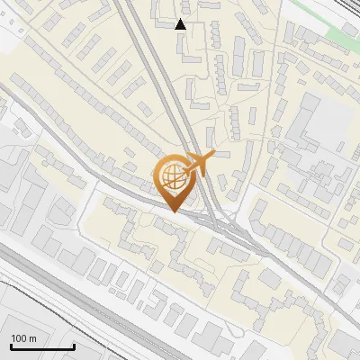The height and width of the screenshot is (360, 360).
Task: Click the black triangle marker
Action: (x=181, y=24)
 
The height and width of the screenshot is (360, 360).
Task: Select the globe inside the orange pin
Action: (x=173, y=177)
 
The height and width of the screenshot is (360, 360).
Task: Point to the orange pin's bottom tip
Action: (x=174, y=211)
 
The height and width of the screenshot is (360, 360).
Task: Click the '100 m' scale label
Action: (x=24, y=337)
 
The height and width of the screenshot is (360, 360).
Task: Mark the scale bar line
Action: (x=42, y=347)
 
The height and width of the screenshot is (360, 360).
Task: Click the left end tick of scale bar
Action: (x=11, y=346)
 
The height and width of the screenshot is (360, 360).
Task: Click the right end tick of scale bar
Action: (x=74, y=346)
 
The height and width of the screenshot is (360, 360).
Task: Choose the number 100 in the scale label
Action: (x=19, y=337)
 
